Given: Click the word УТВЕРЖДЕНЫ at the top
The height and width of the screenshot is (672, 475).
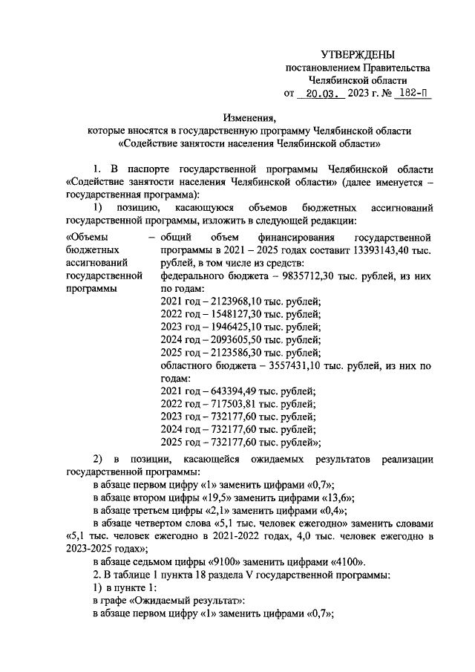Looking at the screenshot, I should pyautogui.click(x=358, y=54).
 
